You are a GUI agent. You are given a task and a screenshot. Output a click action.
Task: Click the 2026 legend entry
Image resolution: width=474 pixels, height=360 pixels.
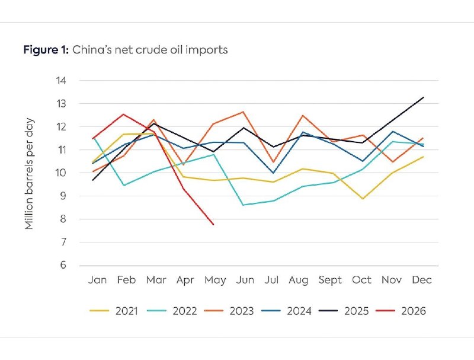[x=401, y=311]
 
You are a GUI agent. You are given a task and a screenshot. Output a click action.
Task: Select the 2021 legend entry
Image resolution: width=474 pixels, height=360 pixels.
[x=114, y=311]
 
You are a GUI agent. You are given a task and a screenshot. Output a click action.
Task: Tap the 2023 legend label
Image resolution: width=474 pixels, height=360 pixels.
[x=242, y=311]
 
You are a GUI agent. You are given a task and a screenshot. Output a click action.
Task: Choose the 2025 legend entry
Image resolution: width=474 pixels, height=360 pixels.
[x=344, y=311]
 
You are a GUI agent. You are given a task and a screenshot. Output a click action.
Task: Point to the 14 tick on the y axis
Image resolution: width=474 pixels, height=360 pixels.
[x=61, y=81]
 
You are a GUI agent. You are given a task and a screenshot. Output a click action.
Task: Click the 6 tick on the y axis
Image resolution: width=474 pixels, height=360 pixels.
[x=63, y=265]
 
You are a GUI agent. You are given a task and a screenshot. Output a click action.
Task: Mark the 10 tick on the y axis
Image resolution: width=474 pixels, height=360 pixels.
[x=61, y=173]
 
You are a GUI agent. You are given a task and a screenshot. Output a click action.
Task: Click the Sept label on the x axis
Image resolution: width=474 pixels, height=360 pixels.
[x=330, y=280]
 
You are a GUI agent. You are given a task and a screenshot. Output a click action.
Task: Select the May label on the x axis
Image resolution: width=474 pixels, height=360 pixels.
[x=215, y=280]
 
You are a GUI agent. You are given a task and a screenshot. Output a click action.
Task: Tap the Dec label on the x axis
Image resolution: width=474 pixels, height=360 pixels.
[x=422, y=280]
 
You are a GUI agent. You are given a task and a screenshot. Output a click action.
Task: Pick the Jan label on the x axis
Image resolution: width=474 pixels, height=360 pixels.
[x=97, y=280]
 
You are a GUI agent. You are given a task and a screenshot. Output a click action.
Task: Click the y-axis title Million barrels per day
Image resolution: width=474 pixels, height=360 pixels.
[x=29, y=174]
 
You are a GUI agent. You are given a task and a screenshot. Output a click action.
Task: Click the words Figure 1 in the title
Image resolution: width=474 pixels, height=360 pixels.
[x=46, y=50]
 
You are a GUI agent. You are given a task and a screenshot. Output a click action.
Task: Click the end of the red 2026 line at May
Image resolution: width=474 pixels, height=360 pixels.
[x=213, y=224]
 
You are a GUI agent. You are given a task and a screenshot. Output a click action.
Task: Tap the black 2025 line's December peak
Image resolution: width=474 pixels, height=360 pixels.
[x=423, y=97]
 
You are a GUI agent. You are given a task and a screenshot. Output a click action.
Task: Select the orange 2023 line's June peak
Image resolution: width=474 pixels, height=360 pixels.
[x=243, y=112]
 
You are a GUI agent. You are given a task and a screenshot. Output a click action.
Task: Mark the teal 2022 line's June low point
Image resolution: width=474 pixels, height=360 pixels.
[x=243, y=205]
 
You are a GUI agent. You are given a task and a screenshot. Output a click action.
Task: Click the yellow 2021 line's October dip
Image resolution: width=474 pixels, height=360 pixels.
[x=363, y=199]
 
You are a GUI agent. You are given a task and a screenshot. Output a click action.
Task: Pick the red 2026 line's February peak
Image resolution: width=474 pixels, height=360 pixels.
[x=123, y=114]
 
